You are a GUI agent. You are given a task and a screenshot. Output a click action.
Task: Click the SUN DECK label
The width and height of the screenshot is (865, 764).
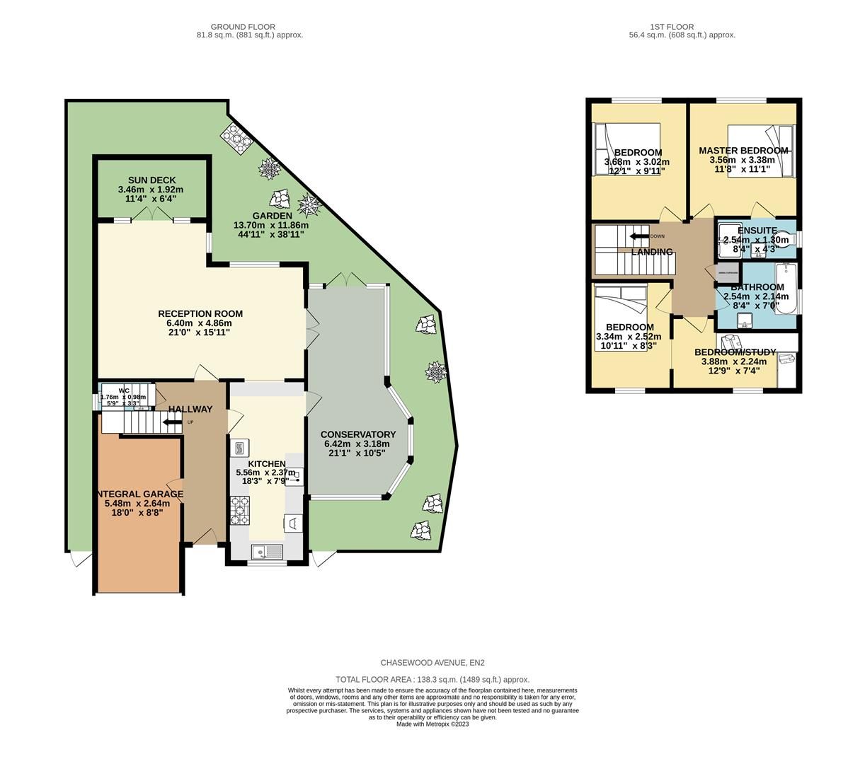click(x=151, y=180)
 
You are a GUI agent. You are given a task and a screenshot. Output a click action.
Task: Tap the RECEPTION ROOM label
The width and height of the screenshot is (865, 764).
click(x=200, y=314)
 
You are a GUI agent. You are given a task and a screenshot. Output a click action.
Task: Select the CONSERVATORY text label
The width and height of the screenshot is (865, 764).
click(x=358, y=434)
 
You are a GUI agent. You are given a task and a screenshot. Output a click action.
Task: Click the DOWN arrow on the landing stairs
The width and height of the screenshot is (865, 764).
click(x=639, y=236)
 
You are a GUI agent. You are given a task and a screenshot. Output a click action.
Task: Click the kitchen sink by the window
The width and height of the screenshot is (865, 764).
click(x=266, y=550)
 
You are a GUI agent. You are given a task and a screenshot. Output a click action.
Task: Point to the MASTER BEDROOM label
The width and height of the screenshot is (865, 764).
click(x=743, y=151)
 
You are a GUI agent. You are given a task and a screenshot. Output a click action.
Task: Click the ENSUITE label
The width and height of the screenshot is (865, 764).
click(x=757, y=231)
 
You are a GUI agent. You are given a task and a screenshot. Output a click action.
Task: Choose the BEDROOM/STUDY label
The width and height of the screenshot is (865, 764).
click(x=735, y=352)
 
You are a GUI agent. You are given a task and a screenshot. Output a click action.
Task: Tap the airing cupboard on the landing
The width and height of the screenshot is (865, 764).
click(x=727, y=272)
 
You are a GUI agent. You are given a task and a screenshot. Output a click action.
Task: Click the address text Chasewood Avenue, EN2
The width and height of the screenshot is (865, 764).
click(x=432, y=663)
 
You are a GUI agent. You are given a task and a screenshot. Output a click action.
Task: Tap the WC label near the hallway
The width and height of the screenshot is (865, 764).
click(x=124, y=390)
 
